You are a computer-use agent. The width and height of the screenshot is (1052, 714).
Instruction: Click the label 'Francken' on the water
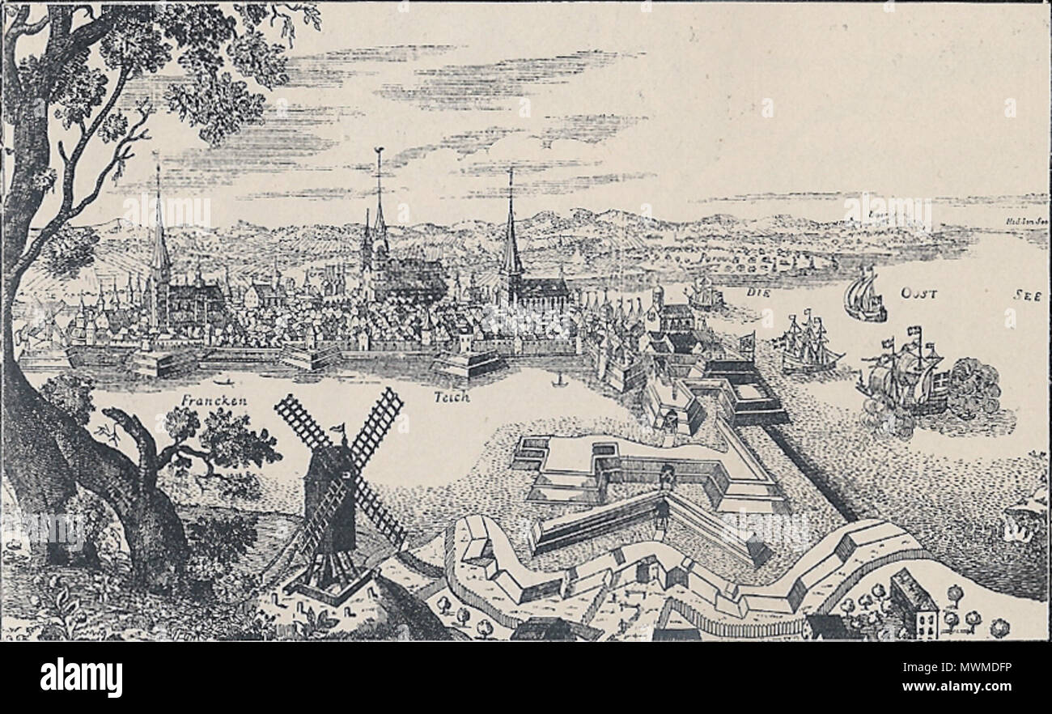214,401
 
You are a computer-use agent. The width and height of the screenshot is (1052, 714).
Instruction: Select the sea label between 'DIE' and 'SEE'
918,293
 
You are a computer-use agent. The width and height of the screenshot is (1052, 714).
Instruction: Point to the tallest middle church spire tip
379,154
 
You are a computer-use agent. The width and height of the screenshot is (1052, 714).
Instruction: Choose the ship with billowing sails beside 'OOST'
863,295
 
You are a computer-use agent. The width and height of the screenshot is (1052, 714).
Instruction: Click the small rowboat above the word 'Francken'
221,380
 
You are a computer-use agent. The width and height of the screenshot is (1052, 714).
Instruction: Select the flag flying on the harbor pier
746,341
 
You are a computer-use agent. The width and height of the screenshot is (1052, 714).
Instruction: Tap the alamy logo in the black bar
81,677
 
